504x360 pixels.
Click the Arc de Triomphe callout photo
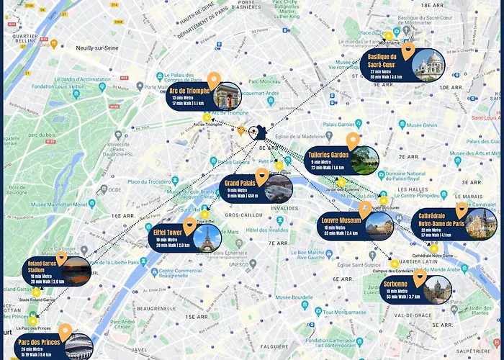coord(227,96)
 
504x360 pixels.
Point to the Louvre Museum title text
coord(341,220)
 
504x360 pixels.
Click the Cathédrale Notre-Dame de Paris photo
coord(480,224)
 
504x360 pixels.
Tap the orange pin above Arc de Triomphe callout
coord(213,80)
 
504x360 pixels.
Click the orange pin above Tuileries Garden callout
coord(352,140)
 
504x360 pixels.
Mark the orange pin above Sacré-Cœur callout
coord(408,50)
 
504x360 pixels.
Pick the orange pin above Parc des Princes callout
coord(66,331)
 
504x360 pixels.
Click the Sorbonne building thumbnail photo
coord(436,290)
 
